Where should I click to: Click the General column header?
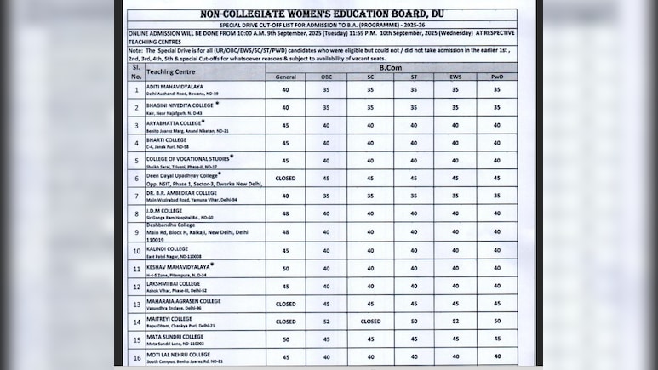285,77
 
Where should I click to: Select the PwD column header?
497,77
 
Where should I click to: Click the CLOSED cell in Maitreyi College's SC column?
370,322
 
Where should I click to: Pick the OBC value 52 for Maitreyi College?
327,322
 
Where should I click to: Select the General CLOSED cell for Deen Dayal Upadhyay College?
285,179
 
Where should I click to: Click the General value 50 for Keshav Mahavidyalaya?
285,268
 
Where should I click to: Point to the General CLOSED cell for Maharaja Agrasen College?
285,304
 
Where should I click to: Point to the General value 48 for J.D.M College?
285,214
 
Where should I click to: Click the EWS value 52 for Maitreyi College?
455,322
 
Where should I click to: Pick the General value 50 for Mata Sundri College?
285,339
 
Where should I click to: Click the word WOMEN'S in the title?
297,14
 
